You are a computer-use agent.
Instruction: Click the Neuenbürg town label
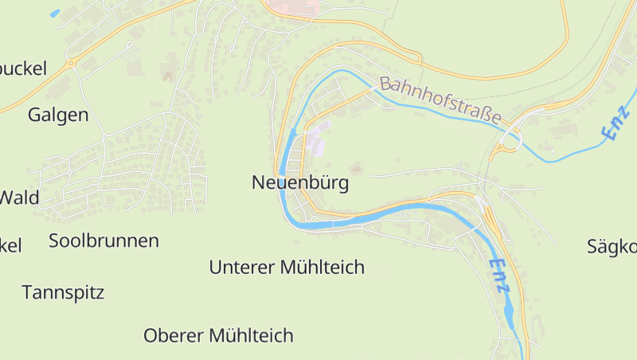pyautogui.click(x=300, y=182)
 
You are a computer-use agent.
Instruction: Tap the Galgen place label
pyautogui.click(x=57, y=115)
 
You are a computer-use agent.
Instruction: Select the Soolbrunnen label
pyautogui.click(x=104, y=241)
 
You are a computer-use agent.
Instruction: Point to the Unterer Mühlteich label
pyautogui.click(x=287, y=268)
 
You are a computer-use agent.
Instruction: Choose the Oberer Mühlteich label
pyautogui.click(x=218, y=336)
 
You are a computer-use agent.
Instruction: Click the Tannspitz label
pyautogui.click(x=63, y=292)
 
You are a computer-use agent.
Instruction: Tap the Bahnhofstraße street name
pyautogui.click(x=441, y=101)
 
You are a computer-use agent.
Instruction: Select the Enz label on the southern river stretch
pyautogui.click(x=499, y=276)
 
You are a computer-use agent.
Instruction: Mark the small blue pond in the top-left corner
pyautogui.click(x=54, y=14)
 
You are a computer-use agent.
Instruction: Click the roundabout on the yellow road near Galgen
pyautogui.click(x=71, y=63)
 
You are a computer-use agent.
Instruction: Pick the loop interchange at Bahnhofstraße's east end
pyautogui.click(x=508, y=142)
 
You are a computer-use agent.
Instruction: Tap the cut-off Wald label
pyautogui.click(x=18, y=198)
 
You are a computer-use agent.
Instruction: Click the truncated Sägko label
pyautogui.click(x=612, y=247)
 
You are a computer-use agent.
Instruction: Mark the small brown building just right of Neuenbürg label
pyautogui.click(x=355, y=168)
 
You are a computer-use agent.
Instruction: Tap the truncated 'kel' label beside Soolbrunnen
pyautogui.click(x=10, y=245)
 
